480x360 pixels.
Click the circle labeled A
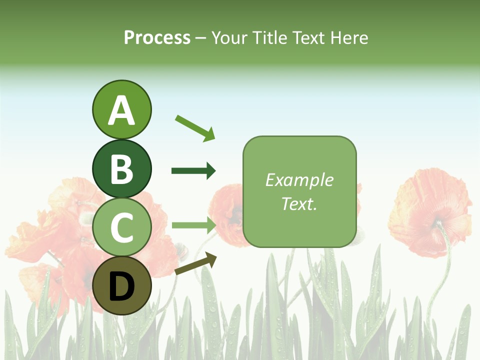(121, 109)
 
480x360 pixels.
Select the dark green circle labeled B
(121, 168)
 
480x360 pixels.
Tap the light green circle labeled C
(121, 227)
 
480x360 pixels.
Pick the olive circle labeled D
(121, 285)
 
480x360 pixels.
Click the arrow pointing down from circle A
(195, 128)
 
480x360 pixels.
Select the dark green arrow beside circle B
(193, 171)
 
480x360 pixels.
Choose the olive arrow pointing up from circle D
(196, 264)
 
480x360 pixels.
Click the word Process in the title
(157, 38)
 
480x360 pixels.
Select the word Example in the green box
(299, 180)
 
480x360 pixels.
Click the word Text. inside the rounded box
(299, 203)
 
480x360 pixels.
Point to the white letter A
(121, 110)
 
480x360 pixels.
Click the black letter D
(121, 286)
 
